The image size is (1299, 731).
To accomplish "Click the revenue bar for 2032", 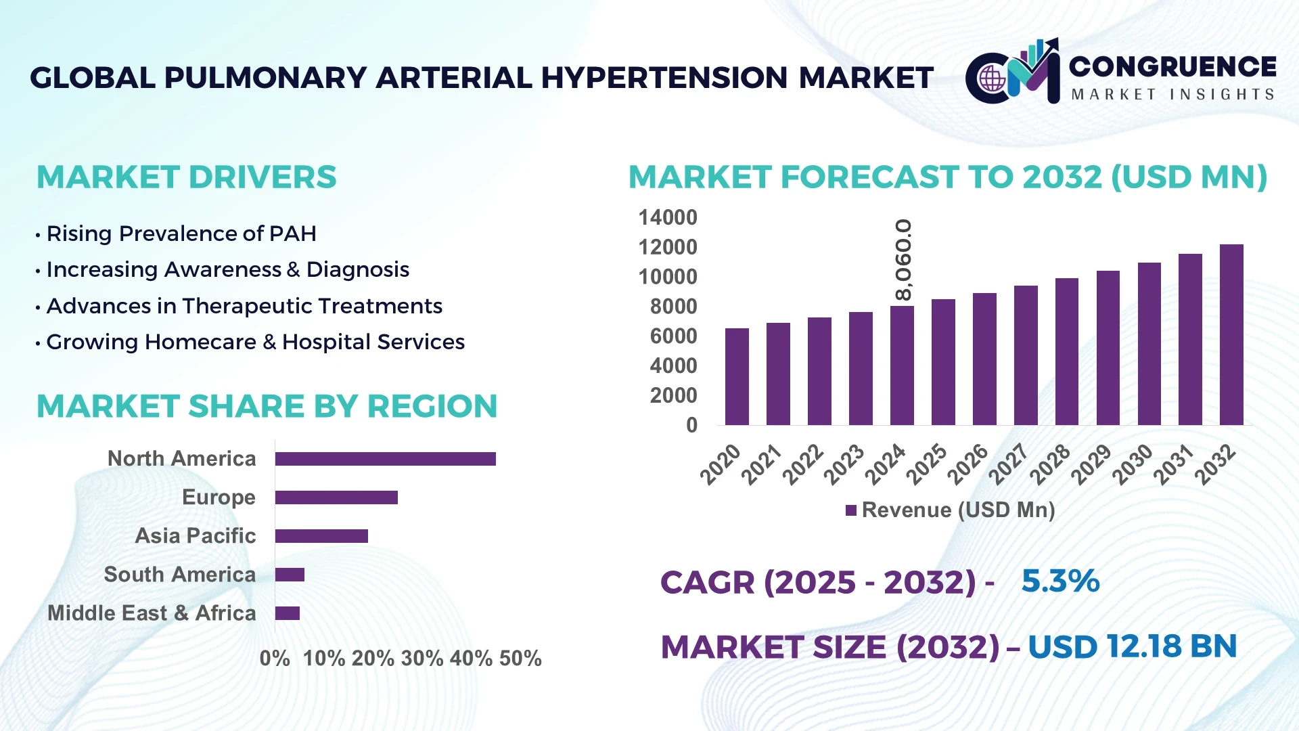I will tap(1231, 335).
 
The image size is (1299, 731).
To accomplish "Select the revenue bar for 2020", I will tap(737, 377).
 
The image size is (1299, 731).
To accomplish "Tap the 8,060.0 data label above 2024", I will tap(903, 260).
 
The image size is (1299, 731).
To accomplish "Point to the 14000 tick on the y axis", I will tap(667, 218).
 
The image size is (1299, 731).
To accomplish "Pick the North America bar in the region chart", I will tap(385, 459).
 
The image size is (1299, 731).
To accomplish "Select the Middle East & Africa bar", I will tap(288, 613).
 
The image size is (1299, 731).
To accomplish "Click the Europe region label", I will tap(219, 497).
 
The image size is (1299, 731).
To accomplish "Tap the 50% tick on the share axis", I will tap(520, 659).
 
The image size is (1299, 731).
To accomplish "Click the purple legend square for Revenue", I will tap(851, 510).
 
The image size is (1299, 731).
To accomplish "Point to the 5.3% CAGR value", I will tap(1060, 581).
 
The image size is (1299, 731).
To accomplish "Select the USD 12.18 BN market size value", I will tap(1132, 646).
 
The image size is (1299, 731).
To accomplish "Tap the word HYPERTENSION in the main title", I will tap(664, 78).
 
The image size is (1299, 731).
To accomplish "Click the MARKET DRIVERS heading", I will tap(186, 177).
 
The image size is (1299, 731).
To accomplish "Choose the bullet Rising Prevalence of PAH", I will tap(181, 234).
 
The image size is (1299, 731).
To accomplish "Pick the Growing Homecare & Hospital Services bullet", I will tap(255, 342).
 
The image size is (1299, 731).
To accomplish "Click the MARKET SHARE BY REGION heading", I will tap(267, 407).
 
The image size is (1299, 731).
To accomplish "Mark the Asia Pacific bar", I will tap(321, 536).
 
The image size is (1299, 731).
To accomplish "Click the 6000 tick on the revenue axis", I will tap(673, 336).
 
